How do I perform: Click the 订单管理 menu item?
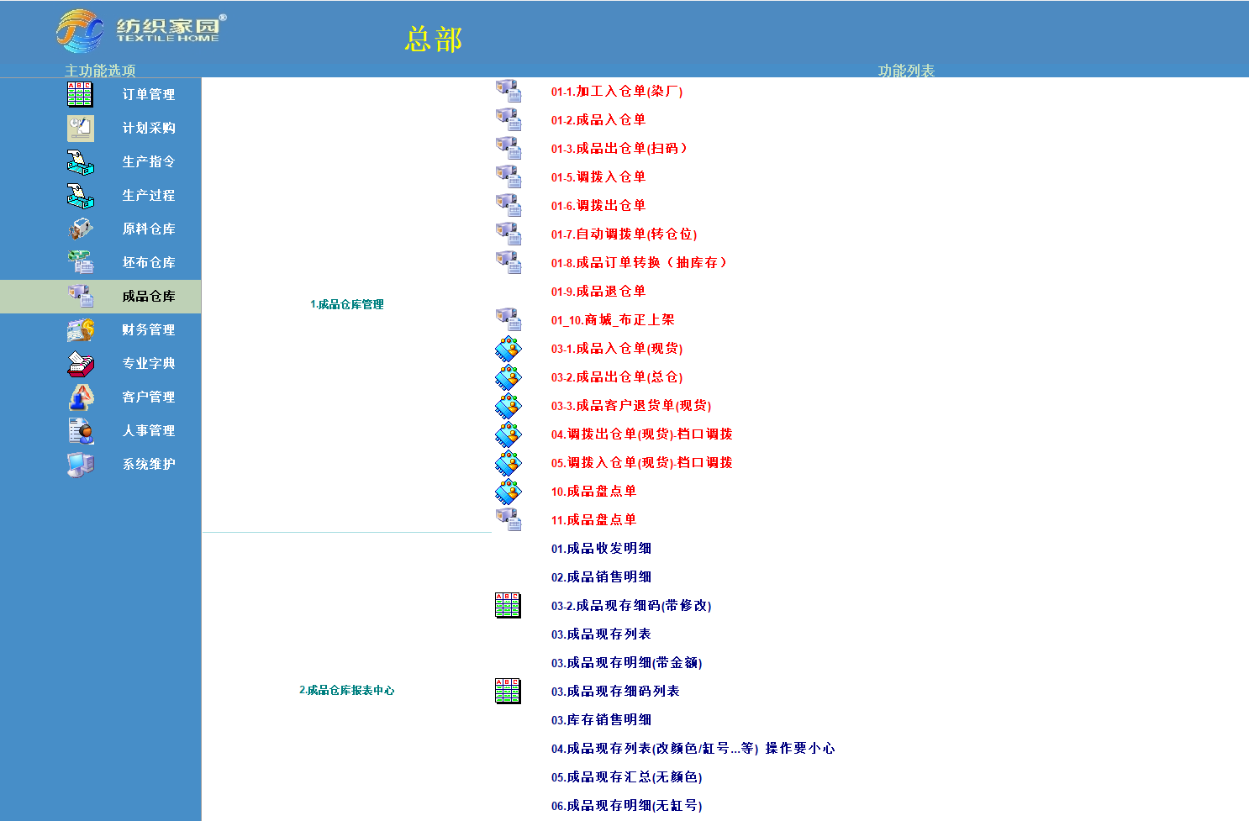tap(148, 94)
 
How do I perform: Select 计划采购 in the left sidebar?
tap(148, 128)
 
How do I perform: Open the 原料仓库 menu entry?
tap(148, 229)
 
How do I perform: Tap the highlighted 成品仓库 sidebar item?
tap(148, 296)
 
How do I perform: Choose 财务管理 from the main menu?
tap(148, 329)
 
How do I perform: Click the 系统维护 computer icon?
tap(81, 464)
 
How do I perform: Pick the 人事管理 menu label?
tap(148, 430)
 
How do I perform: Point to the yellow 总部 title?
tap(434, 39)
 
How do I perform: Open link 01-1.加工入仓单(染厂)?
tap(617, 92)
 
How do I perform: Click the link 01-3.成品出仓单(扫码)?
tap(619, 149)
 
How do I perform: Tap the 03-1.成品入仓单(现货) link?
tap(617, 349)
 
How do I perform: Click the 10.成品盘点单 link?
tap(593, 492)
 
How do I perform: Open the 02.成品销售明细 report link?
tap(601, 577)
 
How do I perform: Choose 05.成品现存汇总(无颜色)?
tap(626, 777)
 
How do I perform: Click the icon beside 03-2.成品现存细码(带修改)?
tap(508, 605)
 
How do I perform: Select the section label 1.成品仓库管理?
tap(346, 304)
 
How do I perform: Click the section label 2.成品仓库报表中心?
tap(346, 690)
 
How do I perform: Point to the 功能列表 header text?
tap(906, 71)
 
